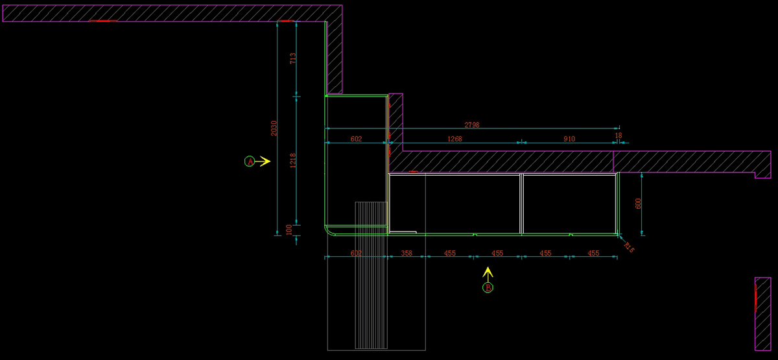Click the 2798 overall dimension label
click(471, 125)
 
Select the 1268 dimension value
click(454, 139)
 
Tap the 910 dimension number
click(569, 139)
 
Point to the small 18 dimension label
click(618, 136)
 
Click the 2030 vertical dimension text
click(274, 128)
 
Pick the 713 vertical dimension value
click(293, 58)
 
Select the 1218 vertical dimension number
click(293, 160)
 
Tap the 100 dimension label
click(289, 230)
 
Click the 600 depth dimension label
click(638, 203)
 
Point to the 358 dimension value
click(407, 254)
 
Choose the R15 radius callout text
click(628, 246)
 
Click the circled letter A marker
click(250, 161)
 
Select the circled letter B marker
click(488, 287)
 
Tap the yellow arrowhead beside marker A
click(265, 161)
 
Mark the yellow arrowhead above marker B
click(488, 270)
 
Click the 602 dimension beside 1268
click(356, 139)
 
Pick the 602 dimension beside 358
click(356, 254)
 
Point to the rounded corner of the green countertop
click(328, 232)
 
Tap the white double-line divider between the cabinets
click(521, 203)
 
